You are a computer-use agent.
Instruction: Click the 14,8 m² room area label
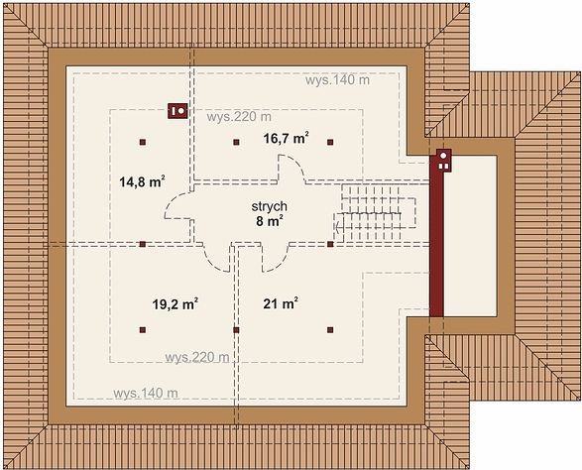tap(142, 181)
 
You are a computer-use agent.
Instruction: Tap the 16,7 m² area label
tap(287, 138)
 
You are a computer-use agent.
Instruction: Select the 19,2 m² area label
tap(175, 304)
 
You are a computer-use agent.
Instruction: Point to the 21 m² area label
tap(281, 303)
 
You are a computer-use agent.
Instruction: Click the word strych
tap(270, 206)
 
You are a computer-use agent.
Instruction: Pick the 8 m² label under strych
tap(270, 221)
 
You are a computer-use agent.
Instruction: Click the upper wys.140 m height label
tap(337, 80)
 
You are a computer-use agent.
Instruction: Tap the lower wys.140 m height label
tap(146, 394)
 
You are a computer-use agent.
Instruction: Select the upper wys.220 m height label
tap(239, 117)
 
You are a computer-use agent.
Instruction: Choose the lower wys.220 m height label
tap(197, 358)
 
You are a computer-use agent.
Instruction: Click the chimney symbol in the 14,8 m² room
tap(177, 111)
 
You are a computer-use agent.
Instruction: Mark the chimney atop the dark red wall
tap(443, 161)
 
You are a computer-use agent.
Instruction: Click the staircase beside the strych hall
tap(375, 213)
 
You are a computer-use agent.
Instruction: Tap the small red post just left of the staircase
tap(330, 244)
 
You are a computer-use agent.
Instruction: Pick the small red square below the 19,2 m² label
tap(143, 329)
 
